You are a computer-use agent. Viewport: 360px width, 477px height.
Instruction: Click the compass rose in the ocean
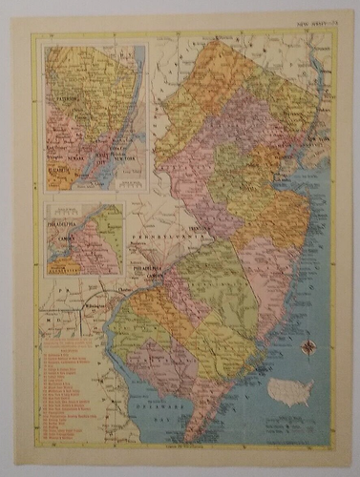coord(308,348)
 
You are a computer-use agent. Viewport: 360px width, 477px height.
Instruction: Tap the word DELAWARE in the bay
coord(149,402)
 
